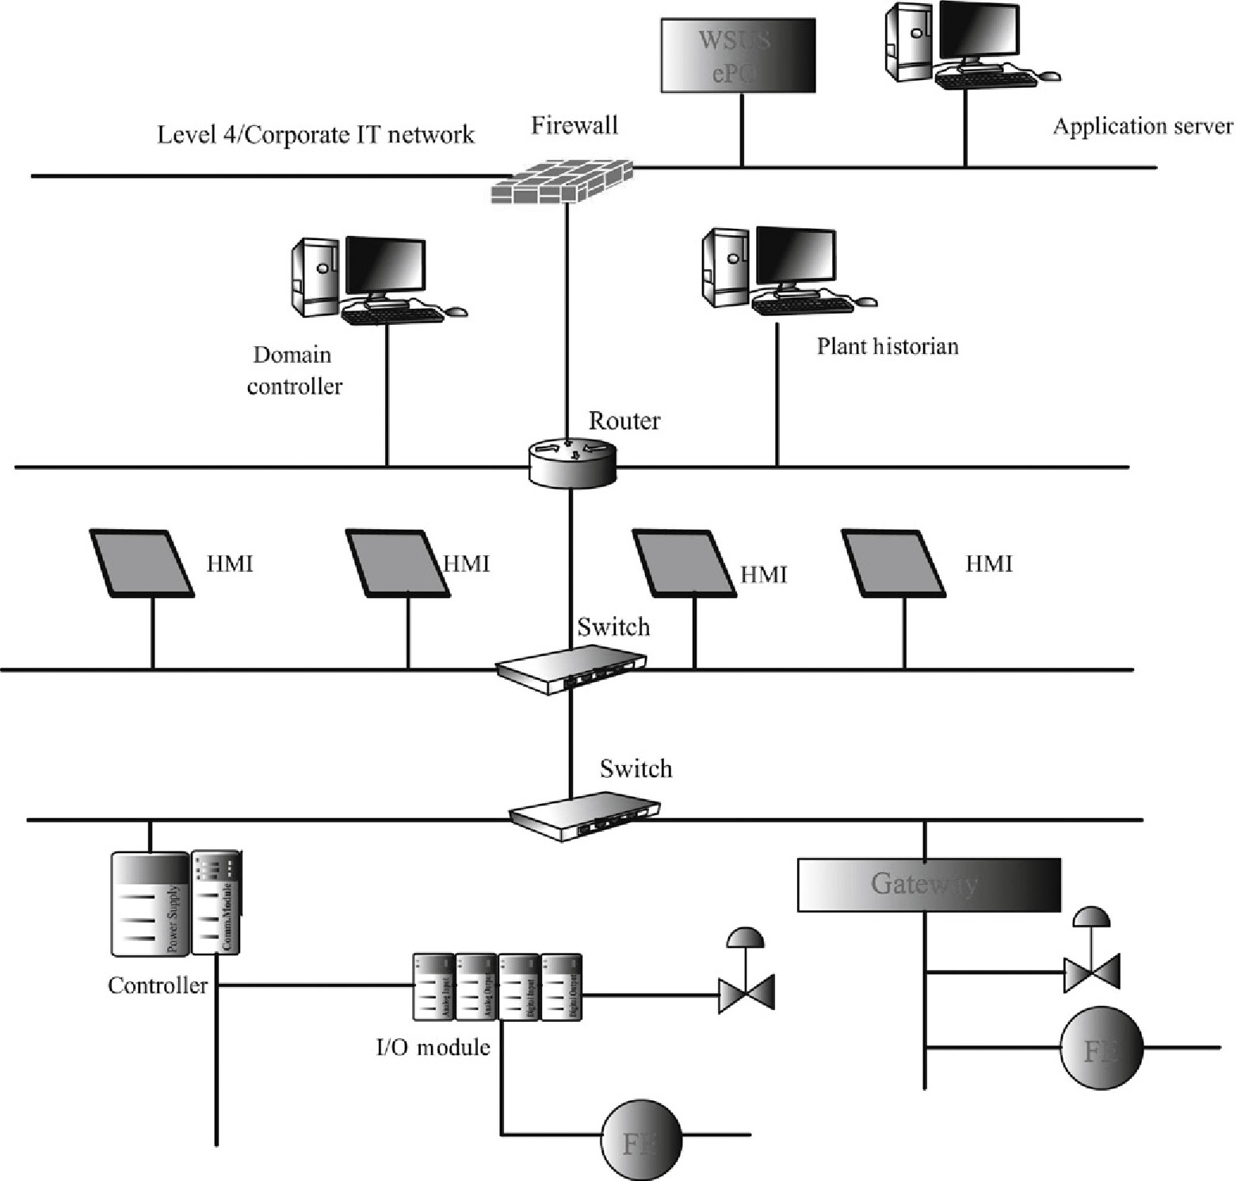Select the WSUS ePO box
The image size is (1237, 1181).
[x=738, y=55]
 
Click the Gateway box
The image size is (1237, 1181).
[x=928, y=884]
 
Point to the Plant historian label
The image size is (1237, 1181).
[x=888, y=347]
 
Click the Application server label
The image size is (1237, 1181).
[x=1142, y=127]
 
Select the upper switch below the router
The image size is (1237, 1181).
[x=571, y=666]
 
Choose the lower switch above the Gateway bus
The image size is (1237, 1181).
[x=584, y=815]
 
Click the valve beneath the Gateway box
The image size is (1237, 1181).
[x=1091, y=958]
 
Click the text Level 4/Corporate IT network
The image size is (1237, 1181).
[x=315, y=135]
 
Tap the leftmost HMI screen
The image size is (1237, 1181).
[x=142, y=563]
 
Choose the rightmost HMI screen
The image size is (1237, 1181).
[x=893, y=563]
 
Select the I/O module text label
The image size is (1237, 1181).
[x=433, y=1047]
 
